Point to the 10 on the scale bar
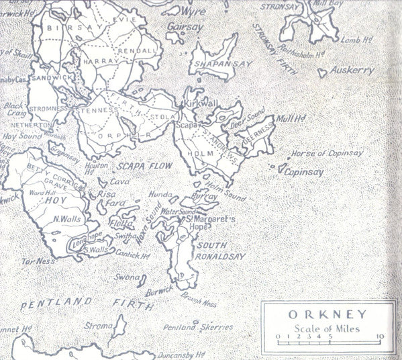pos(379,336)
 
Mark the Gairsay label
pos(187,28)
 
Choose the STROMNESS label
pos(48,107)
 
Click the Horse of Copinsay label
pos(328,154)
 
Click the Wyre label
pos(194,11)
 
